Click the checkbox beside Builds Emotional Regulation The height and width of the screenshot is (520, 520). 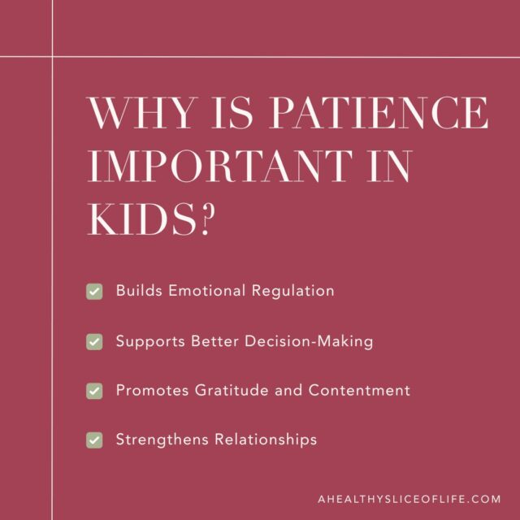point(94,292)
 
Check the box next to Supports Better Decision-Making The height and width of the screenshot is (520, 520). point(94,342)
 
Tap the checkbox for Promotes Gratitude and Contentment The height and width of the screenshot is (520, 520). point(94,391)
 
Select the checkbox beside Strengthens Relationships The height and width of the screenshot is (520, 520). point(94,440)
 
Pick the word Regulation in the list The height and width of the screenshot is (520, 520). point(294,291)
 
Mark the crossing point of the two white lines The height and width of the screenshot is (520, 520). point(53,57)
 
